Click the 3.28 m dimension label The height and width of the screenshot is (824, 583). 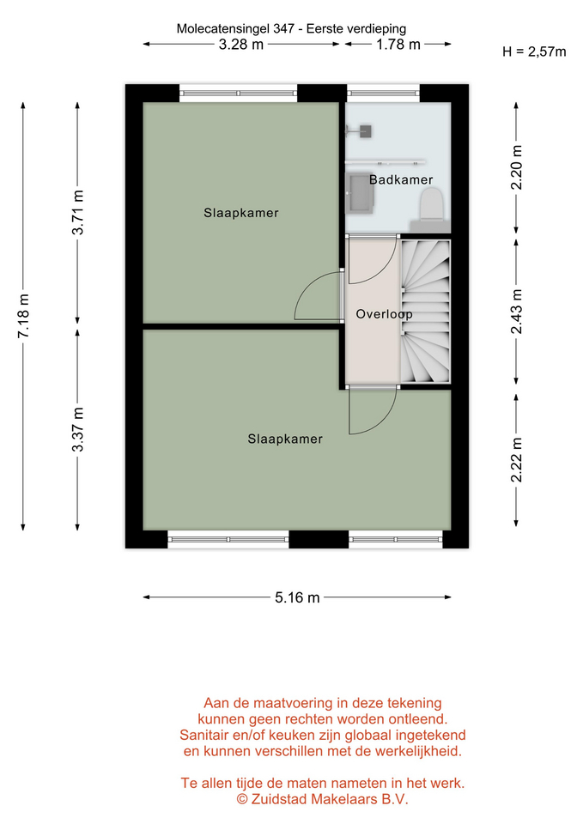point(240,44)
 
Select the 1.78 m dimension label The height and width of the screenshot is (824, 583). point(398,44)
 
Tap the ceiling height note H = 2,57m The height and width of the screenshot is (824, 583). point(534,51)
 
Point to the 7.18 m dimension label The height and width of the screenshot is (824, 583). point(24,316)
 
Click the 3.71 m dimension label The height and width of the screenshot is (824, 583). point(78,212)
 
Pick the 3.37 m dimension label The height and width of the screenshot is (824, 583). point(78,429)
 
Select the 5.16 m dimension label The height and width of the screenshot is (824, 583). point(297,597)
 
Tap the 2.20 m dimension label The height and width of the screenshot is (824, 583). point(517,167)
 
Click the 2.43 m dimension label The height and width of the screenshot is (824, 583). point(517,312)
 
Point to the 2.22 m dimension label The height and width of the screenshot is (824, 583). point(517,460)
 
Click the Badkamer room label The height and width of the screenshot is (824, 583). point(401,179)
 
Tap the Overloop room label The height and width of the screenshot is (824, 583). point(385,314)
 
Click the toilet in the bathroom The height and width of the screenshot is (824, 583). point(432,205)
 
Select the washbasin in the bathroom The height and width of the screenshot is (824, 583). point(361,193)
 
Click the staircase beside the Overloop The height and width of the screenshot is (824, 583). point(426,312)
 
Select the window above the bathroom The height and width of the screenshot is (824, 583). point(383,93)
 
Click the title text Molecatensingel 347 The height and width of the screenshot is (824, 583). point(235,28)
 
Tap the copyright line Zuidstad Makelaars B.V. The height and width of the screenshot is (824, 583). point(322,799)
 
